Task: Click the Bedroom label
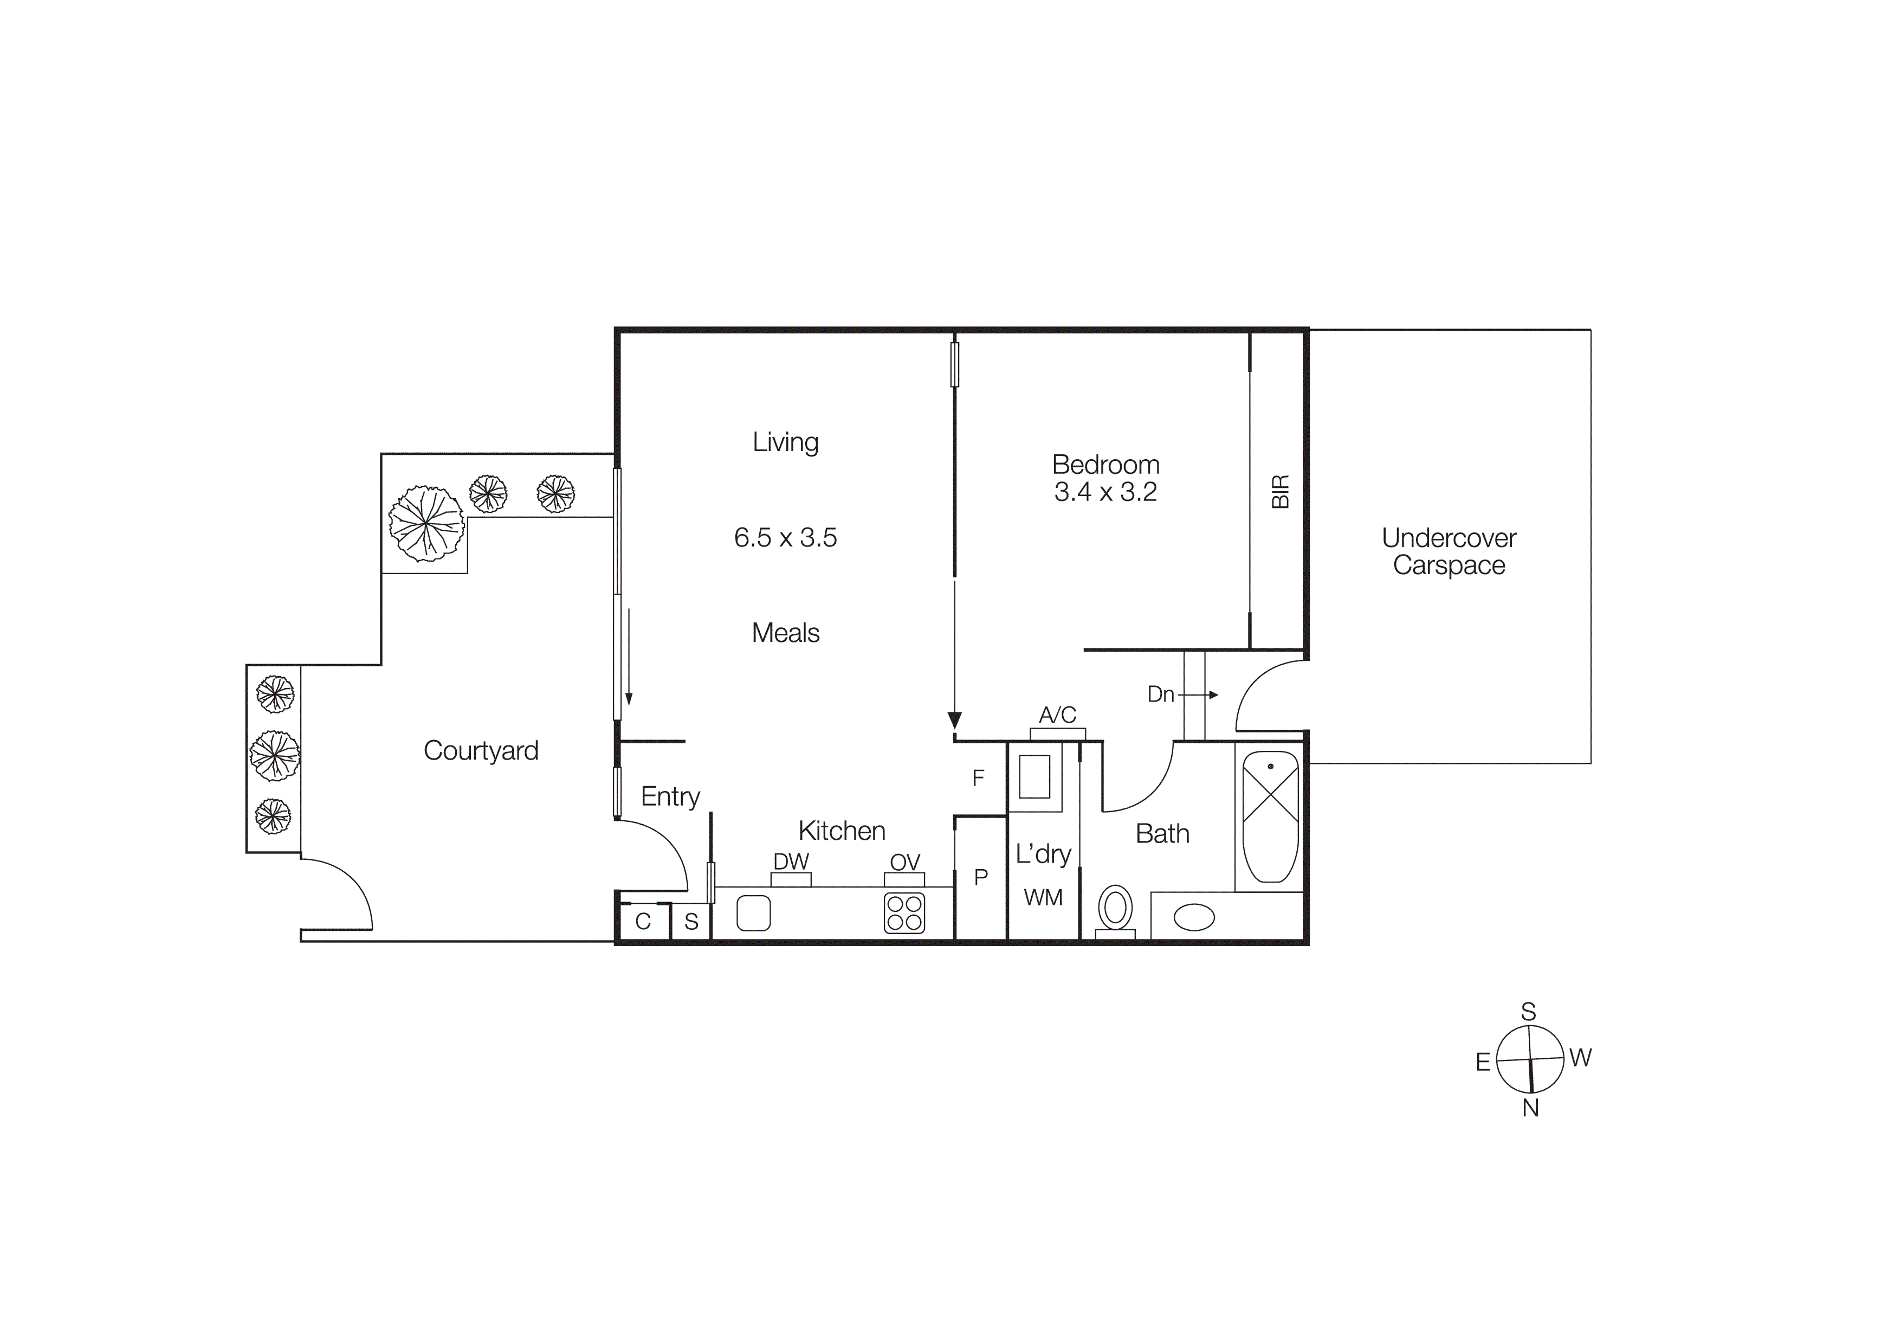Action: point(1105,465)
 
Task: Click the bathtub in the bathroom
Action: point(1270,816)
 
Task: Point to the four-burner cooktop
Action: point(904,912)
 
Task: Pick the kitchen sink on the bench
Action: point(753,912)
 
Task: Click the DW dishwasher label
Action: point(791,861)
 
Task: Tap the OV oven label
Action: point(905,862)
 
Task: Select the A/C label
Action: point(1057,715)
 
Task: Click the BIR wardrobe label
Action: point(1280,491)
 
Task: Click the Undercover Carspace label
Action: point(1449,551)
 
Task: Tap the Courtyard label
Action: point(481,750)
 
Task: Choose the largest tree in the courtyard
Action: point(426,523)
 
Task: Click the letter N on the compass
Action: point(1530,1108)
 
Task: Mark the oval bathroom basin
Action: point(1194,917)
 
